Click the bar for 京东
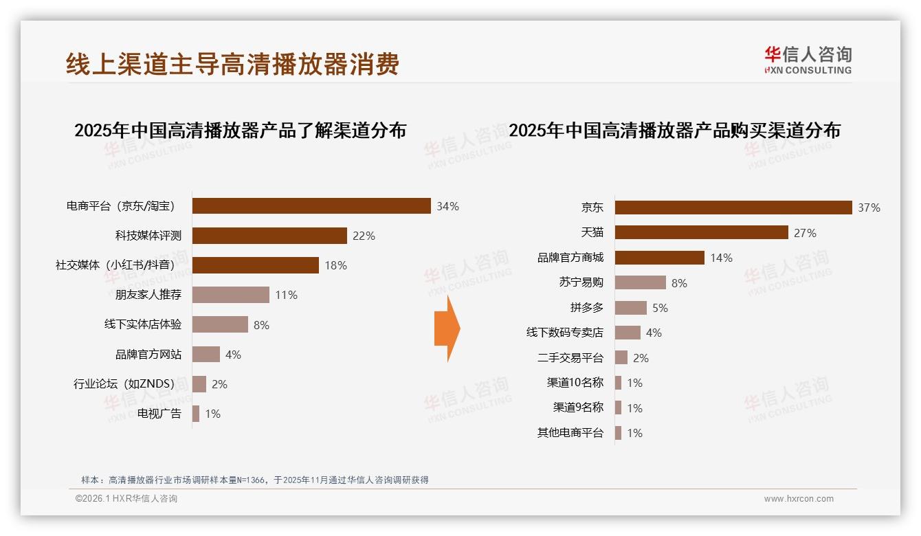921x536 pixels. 733,208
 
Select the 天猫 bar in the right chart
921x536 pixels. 701,233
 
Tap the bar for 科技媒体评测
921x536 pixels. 269,236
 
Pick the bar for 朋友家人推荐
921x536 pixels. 230,295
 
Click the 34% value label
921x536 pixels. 447,206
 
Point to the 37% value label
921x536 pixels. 869,208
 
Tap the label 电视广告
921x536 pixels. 159,414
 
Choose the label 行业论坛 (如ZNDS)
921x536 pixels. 124,384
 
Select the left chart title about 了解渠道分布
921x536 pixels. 240,130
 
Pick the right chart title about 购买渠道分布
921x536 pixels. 674,130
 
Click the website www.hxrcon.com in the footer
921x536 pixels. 798,499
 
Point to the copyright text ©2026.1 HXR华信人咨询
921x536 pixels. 126,499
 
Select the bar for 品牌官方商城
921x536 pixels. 659,258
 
